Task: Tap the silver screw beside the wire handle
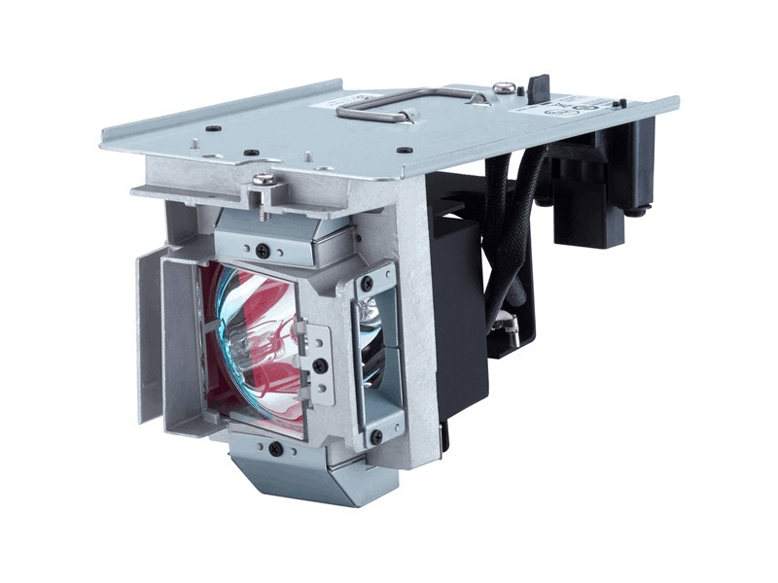pos(503,88)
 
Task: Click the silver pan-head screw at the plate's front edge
pos(262,180)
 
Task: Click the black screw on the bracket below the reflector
pos(276,449)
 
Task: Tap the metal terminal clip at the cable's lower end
pos(505,335)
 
